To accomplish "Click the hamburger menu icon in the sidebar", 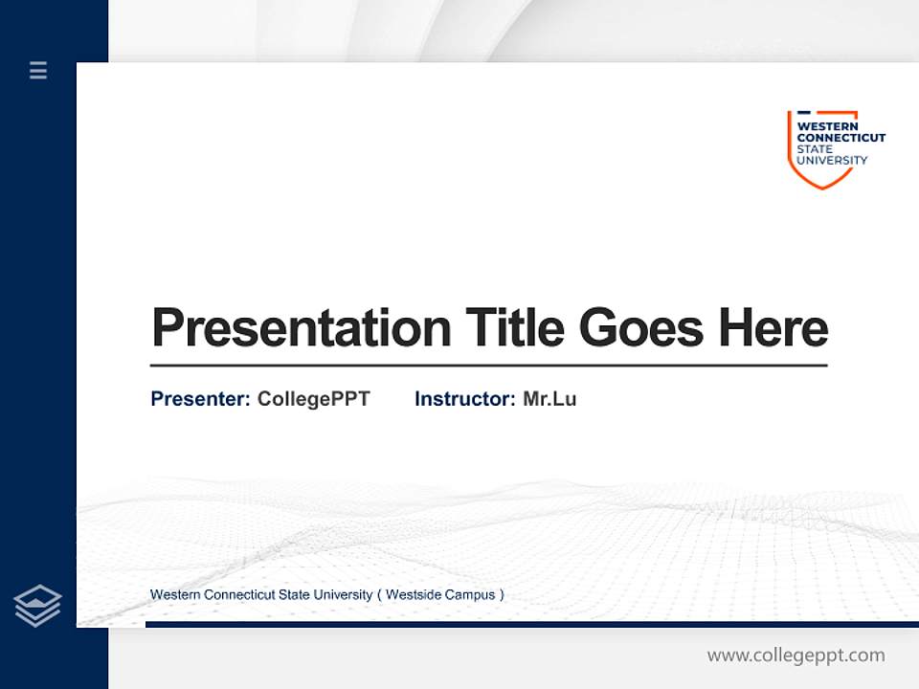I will pos(38,70).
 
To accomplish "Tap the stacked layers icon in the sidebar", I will pos(37,606).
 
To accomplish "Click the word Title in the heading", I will pos(515,328).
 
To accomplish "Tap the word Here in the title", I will pos(773,328).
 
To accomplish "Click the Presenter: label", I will pos(201,399).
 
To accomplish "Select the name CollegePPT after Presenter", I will pos(313,399).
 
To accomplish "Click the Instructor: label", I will pos(465,399).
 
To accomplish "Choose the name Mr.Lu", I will pos(549,399).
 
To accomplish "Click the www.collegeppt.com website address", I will pos(796,656).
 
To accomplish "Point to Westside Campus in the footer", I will pos(440,595).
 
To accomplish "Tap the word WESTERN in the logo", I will pos(828,125).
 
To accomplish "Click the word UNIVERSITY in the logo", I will pos(833,160).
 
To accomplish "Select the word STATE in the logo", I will pos(816,148).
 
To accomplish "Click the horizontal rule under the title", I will pos(488,366).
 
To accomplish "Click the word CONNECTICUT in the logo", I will pos(841,137).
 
